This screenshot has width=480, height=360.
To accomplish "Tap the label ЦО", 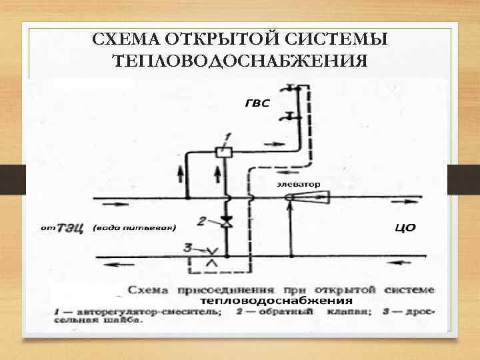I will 406,228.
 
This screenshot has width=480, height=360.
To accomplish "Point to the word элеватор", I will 299,183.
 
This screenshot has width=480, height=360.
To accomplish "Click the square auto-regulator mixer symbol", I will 224,152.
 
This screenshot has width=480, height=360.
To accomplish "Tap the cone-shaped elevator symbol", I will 313,197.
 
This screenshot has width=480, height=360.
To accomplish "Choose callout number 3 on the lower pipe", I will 189,247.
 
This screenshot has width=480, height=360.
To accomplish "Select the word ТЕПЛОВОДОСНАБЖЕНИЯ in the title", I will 240,61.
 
